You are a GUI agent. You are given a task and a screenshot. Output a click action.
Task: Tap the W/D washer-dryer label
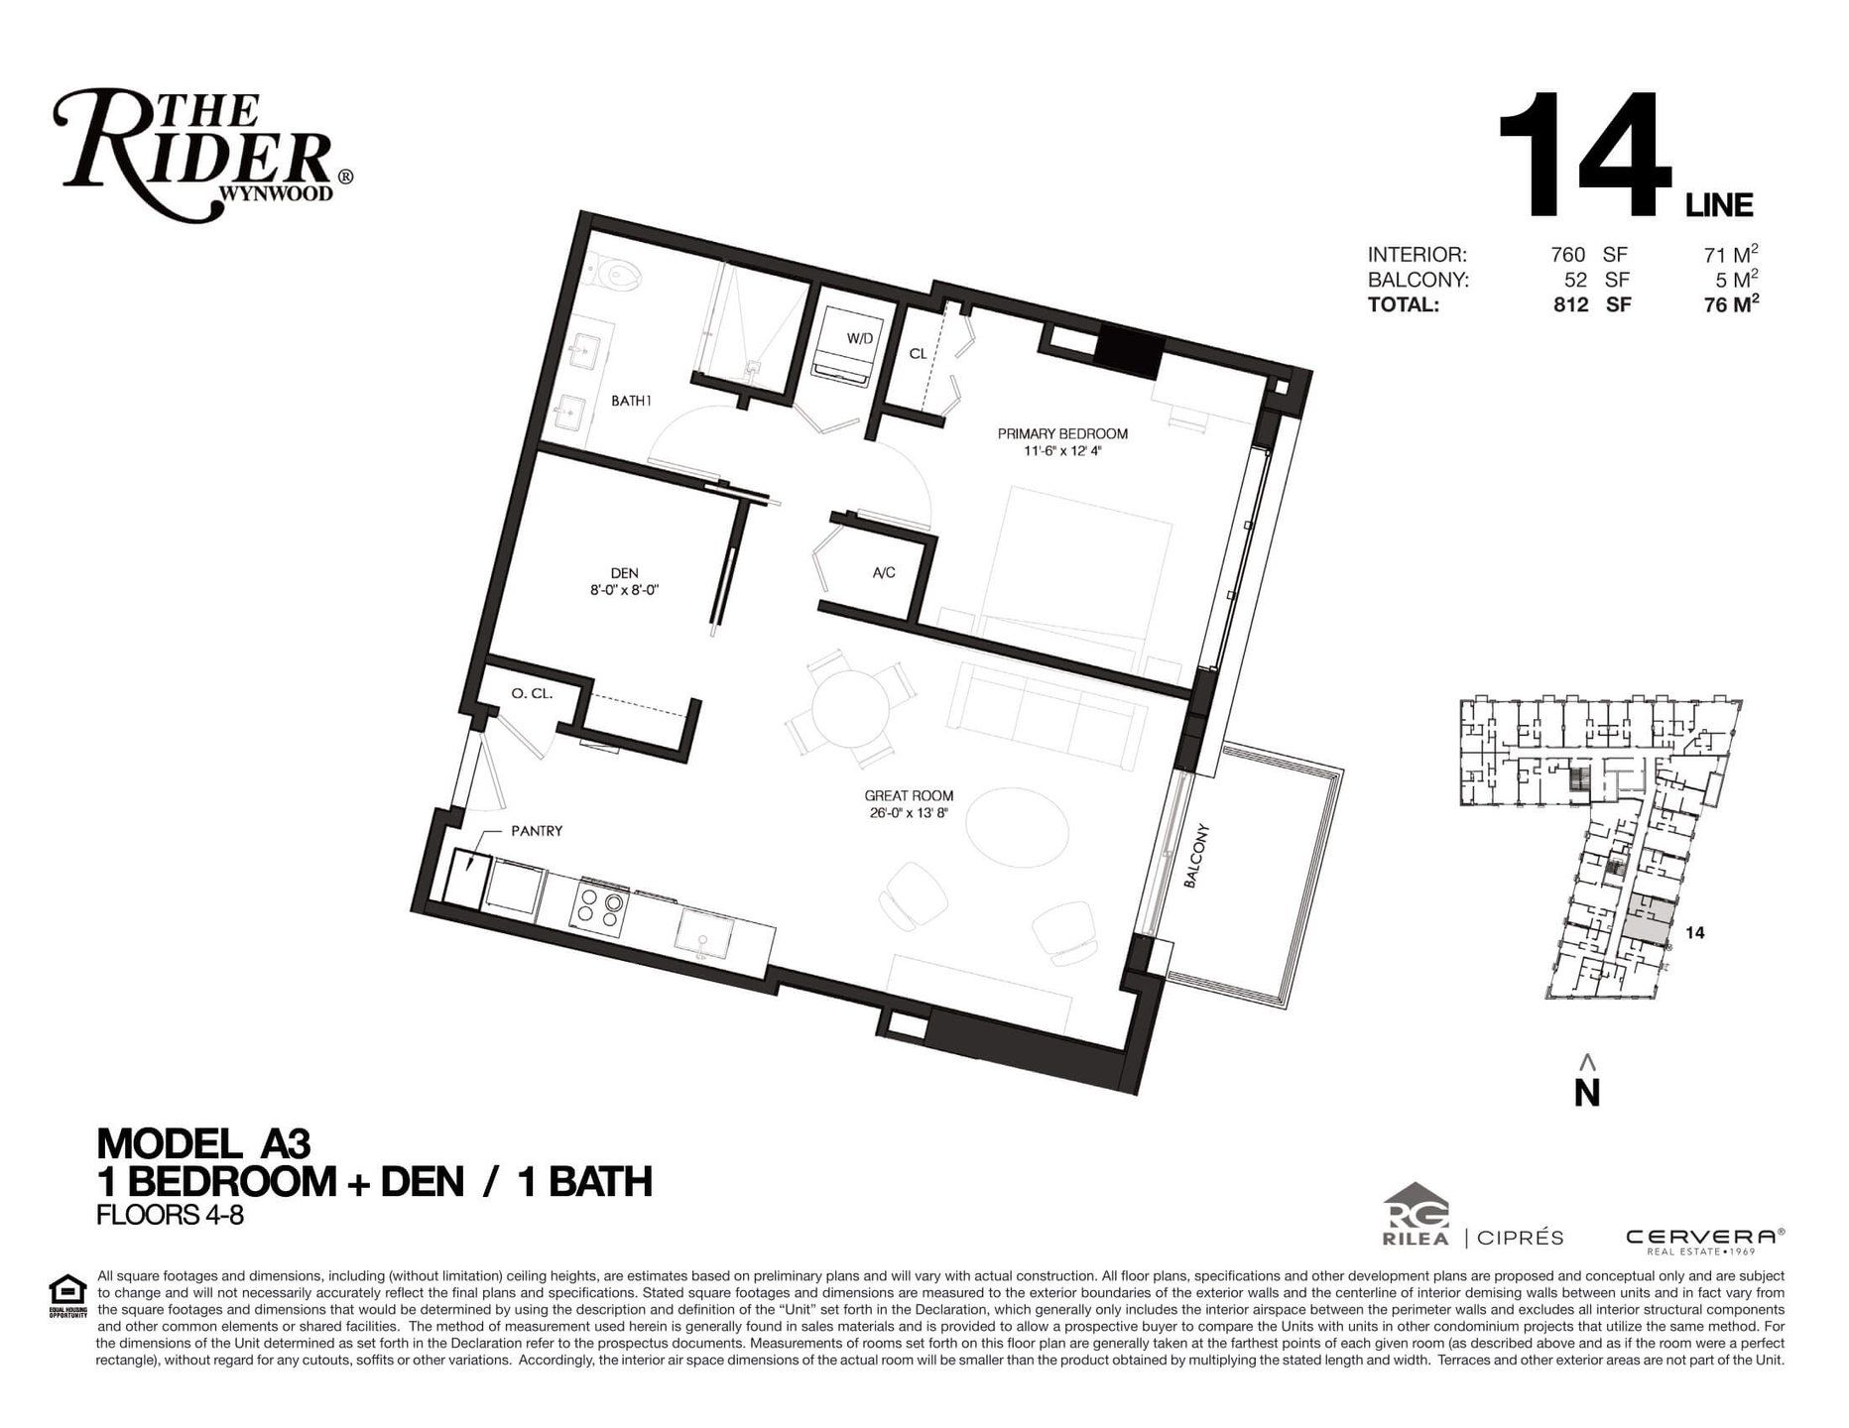860,338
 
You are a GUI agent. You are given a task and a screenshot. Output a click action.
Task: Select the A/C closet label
884,572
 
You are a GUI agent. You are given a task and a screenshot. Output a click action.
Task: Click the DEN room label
625,572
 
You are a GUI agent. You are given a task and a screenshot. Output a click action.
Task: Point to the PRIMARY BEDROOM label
1062,433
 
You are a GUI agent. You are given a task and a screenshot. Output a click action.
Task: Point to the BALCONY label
1197,855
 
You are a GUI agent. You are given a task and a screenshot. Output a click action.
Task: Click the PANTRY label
537,831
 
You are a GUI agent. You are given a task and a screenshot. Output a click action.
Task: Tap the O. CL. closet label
532,694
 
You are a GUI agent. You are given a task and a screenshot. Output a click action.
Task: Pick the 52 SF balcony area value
1596,281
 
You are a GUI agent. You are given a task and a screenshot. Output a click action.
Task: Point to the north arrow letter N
1587,1092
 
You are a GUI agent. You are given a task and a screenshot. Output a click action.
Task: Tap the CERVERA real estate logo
1705,1240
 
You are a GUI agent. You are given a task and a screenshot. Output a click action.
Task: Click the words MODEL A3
203,1144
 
